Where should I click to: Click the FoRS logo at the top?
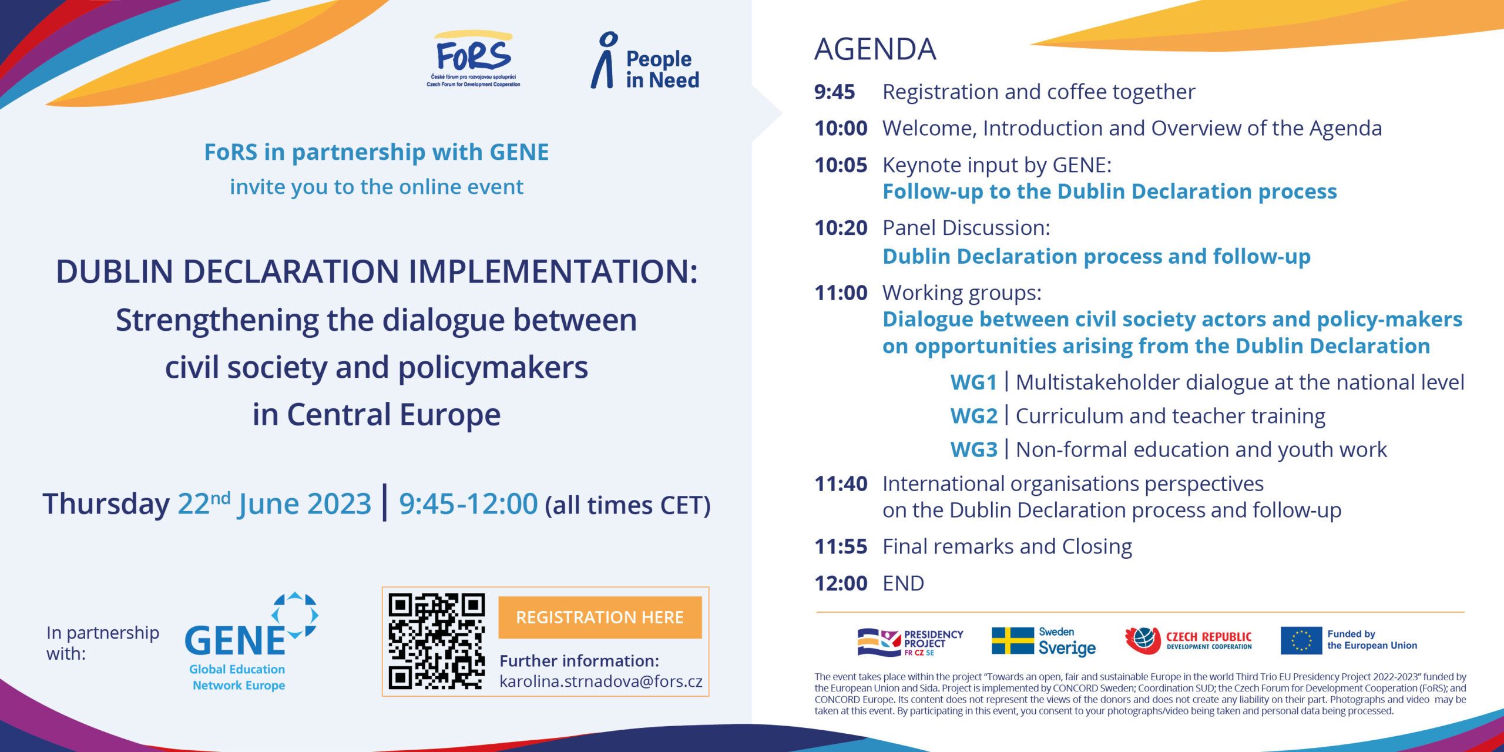click(x=474, y=59)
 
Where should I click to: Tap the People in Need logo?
click(x=645, y=61)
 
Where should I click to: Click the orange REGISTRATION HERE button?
click(x=600, y=617)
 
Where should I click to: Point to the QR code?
click(x=437, y=642)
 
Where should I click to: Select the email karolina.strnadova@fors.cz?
click(x=601, y=681)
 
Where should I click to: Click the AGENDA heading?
click(x=875, y=49)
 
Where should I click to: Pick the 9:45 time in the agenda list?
click(x=834, y=92)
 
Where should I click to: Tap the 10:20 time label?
click(x=841, y=228)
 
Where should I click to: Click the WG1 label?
click(x=973, y=382)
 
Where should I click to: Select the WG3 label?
click(x=973, y=449)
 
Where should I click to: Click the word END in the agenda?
click(x=903, y=583)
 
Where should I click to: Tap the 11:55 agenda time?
click(x=841, y=547)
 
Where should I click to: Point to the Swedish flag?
click(x=1012, y=641)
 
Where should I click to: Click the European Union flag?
click(x=1301, y=640)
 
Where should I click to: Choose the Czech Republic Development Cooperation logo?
click(x=1188, y=640)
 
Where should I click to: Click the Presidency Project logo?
click(x=910, y=642)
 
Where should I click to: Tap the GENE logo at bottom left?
click(x=251, y=642)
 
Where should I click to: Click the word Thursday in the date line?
click(x=106, y=504)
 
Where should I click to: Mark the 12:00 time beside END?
click(x=841, y=583)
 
